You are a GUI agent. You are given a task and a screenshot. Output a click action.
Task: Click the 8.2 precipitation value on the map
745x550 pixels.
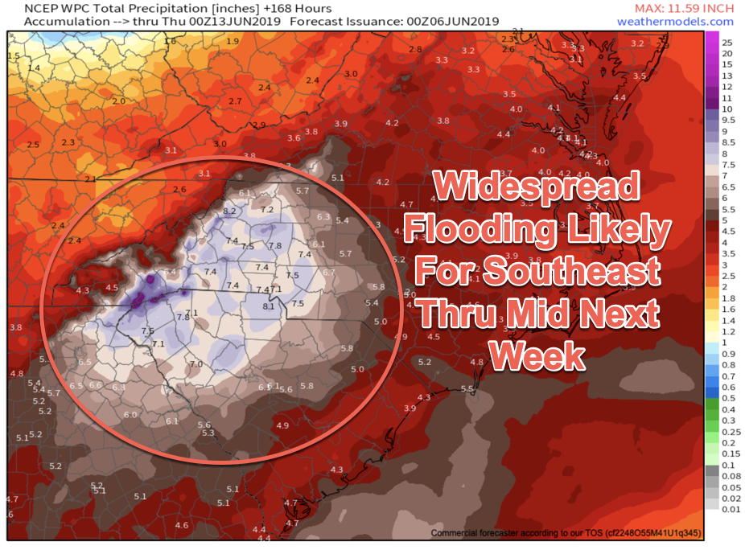click(x=228, y=211)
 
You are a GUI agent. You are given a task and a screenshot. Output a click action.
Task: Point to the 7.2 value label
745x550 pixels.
click(x=267, y=210)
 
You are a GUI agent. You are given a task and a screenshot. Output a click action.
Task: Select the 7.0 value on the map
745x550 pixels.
click(x=196, y=364)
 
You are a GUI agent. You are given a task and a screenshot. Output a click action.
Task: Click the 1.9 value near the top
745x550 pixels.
click(x=233, y=41)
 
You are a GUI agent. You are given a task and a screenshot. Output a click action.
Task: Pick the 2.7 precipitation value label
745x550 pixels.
click(x=235, y=101)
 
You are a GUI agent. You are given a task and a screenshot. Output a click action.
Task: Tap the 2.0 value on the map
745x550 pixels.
click(x=119, y=101)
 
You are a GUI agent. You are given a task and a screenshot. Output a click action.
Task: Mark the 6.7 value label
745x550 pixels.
click(x=327, y=273)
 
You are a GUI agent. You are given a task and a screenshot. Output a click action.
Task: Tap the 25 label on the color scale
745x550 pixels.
click(x=727, y=41)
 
